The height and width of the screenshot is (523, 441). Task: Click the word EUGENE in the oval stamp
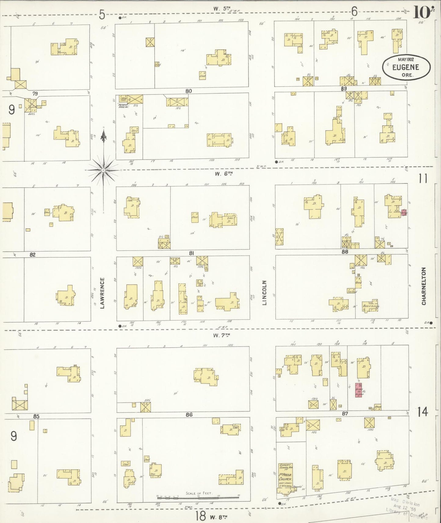click(x=406, y=67)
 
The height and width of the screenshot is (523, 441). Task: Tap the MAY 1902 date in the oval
click(x=406, y=60)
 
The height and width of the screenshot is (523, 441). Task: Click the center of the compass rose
click(x=103, y=169)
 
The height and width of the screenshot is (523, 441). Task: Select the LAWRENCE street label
click(x=102, y=293)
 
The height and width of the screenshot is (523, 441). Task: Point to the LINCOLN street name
click(x=265, y=293)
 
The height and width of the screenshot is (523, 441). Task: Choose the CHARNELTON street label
click(x=424, y=286)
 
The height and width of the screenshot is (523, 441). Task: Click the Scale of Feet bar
click(x=197, y=497)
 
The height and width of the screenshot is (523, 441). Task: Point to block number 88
click(x=345, y=252)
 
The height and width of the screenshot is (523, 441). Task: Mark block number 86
click(x=189, y=414)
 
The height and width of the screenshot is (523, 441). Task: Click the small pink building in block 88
click(x=404, y=212)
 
